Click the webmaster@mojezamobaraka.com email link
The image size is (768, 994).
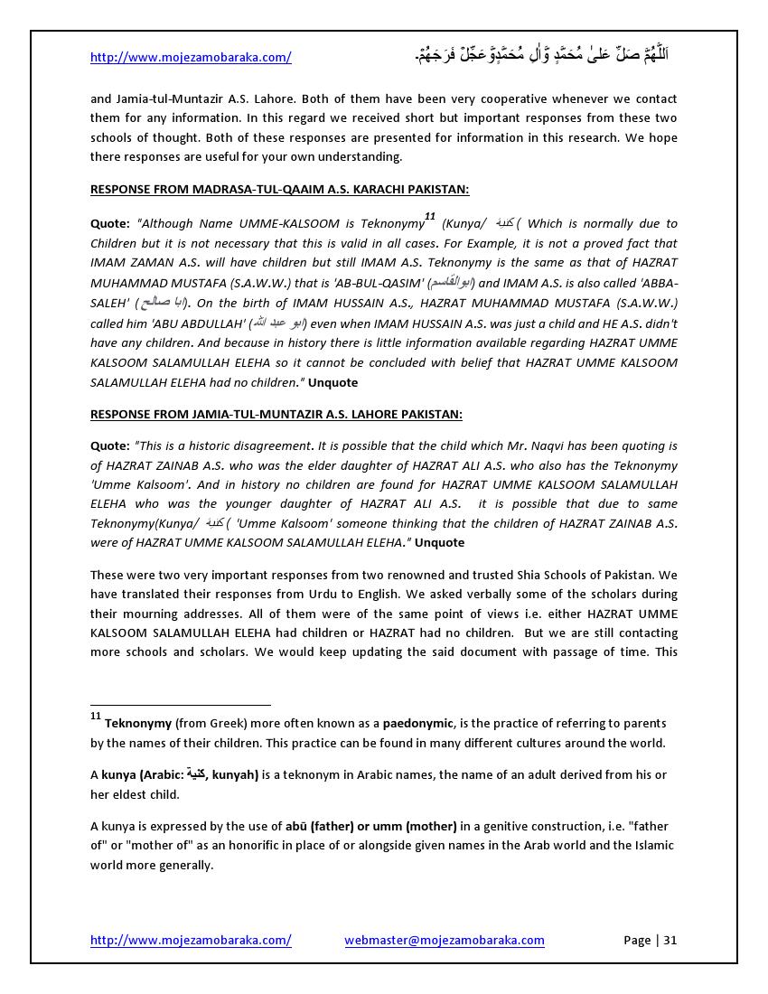coord(444,940)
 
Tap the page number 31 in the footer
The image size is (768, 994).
coord(670,940)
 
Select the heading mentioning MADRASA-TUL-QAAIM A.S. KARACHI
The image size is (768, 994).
coord(279,190)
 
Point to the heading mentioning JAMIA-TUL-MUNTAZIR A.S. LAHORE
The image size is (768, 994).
coord(276,414)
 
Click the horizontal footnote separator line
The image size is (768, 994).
coord(181,704)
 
